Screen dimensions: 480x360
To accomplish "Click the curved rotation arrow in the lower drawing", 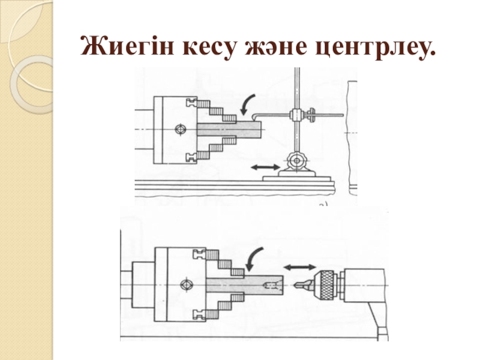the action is pyautogui.click(x=256, y=260).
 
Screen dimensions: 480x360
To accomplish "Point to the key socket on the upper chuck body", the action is pyautogui.click(x=179, y=129).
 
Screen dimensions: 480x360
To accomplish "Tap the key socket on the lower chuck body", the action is pyautogui.click(x=187, y=285).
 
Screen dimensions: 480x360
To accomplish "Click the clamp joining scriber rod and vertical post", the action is pyautogui.click(x=295, y=113).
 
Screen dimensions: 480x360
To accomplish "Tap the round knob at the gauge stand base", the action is pyautogui.click(x=295, y=161).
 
